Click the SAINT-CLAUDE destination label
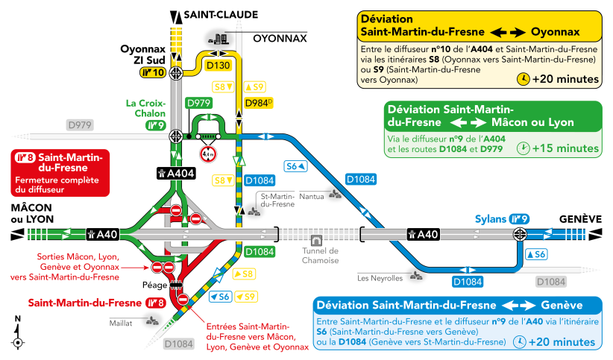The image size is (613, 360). coord(221,15)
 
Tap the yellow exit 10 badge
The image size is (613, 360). coord(153,72)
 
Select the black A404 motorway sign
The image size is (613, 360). coord(176,173)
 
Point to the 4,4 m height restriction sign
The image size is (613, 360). coord(208,154)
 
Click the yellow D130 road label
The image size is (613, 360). coord(219,65)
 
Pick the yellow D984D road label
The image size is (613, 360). coord(259,103)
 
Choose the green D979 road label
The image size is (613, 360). coord(198,103)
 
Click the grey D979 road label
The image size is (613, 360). coord(80,125)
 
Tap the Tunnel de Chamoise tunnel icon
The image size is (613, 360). coord(316,240)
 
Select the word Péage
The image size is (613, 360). coord(155,285)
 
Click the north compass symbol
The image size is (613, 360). coord(17,332)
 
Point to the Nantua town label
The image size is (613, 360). coord(312,196)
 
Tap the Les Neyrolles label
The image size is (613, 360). coord(380,278)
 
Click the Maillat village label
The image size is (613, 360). coord(121,323)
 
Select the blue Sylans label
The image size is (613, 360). coord(491,219)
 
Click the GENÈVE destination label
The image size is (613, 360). coord(580,219)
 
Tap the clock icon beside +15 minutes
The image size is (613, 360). coord(523,148)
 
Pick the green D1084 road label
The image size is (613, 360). coord(260,252)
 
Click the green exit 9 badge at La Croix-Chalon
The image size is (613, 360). coord(156,125)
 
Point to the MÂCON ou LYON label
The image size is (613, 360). coord(32,213)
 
